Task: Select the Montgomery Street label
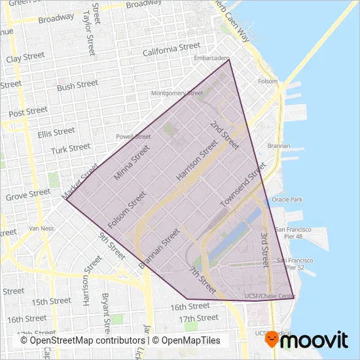pos(177,93)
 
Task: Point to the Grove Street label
pos(27,194)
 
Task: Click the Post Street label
pos(29,112)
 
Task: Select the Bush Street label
pos(77,86)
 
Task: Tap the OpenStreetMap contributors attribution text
pos(82,340)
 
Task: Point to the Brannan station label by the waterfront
pos(278,145)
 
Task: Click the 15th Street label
pos(50,302)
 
